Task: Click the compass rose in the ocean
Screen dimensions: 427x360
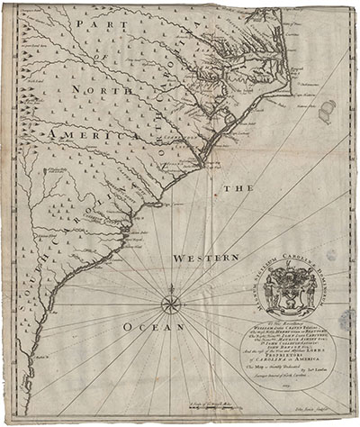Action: click(x=171, y=303)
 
